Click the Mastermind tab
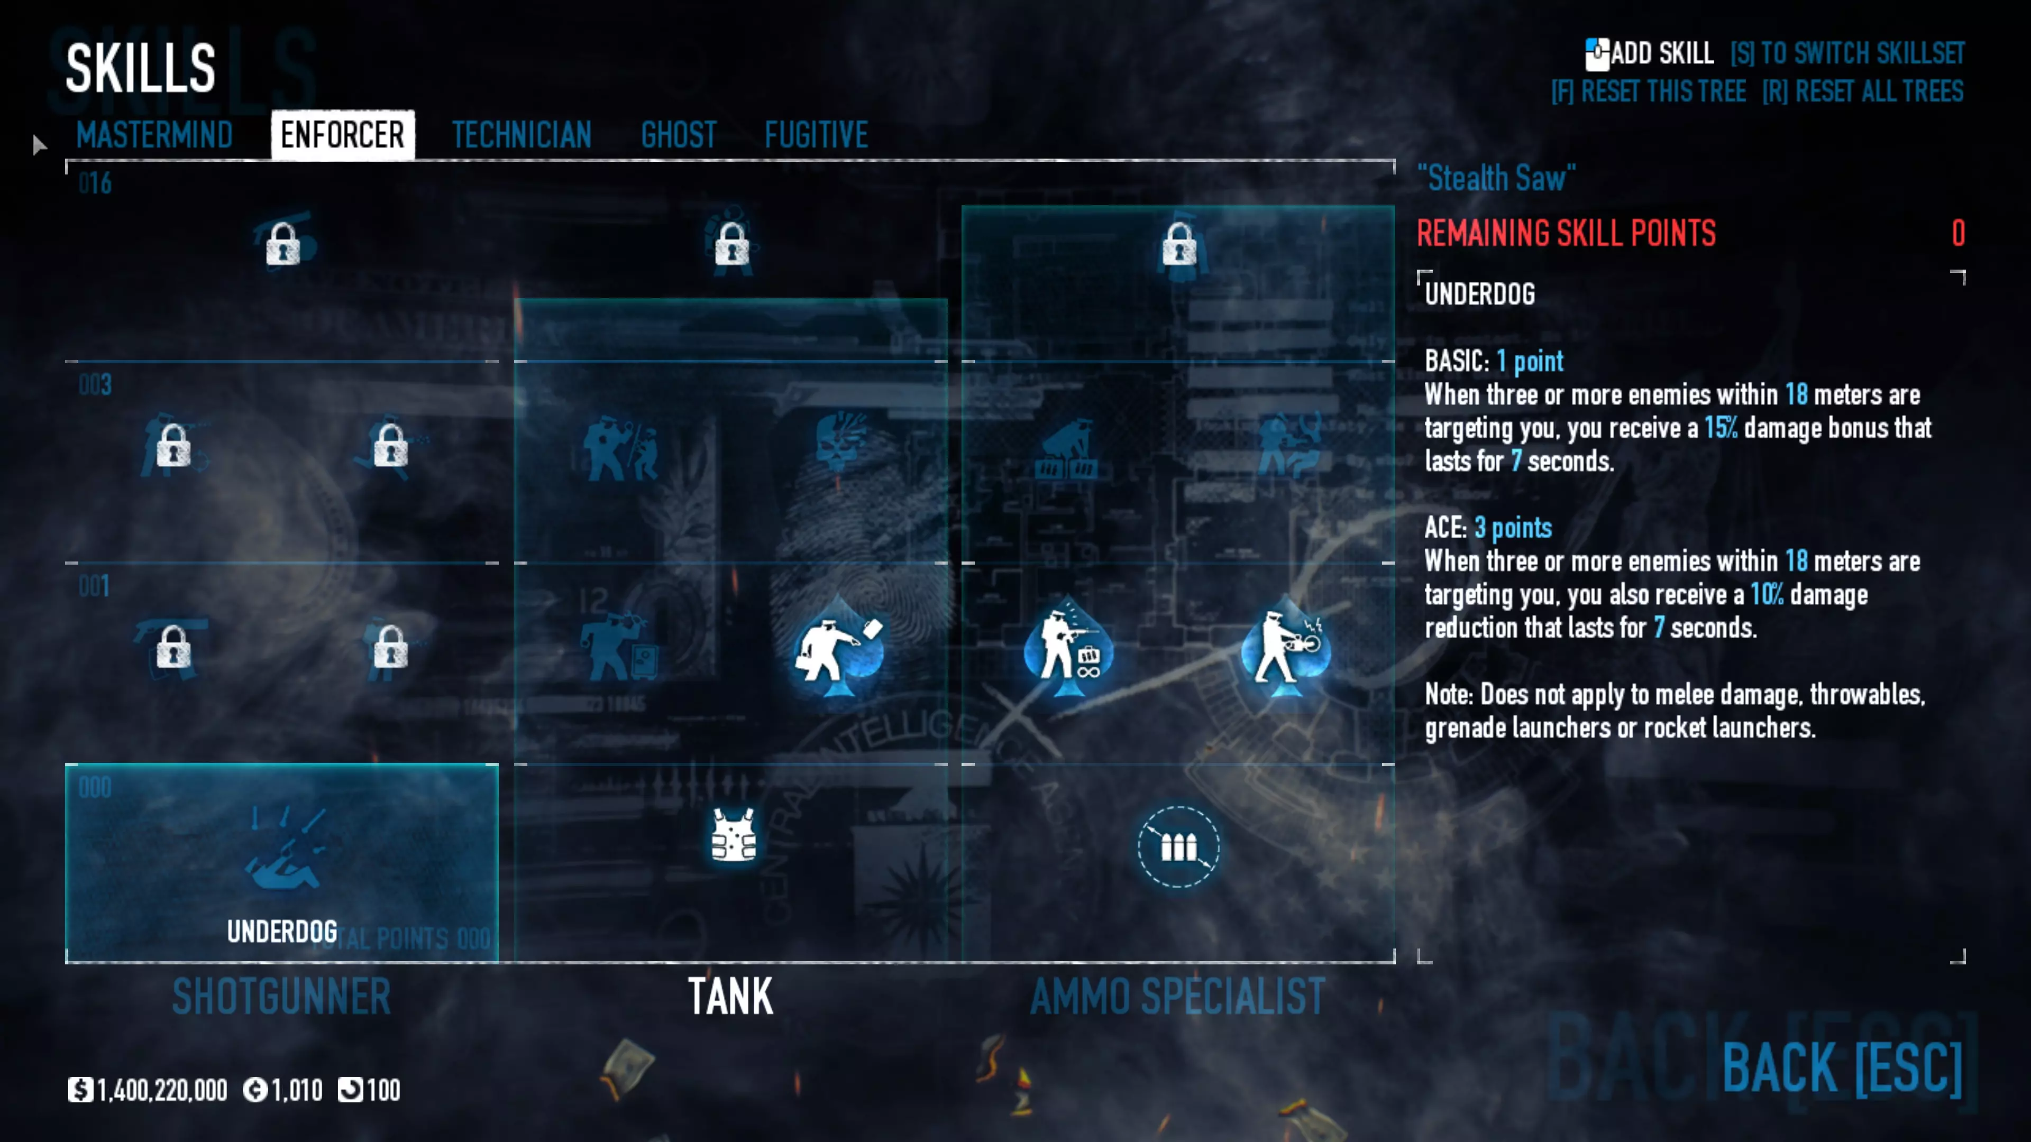coord(154,135)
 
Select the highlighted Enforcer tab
coord(342,135)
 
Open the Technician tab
coord(521,135)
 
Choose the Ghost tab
coord(679,135)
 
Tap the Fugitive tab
coord(816,135)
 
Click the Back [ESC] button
coord(1842,1068)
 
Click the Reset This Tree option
coord(1649,91)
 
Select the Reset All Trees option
coord(1863,91)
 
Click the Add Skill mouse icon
coord(1597,53)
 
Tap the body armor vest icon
coord(733,835)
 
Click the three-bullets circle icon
coord(1178,846)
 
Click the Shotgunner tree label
coord(281,996)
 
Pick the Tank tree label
coord(730,996)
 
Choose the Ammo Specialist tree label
coord(1178,996)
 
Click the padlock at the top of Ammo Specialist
coord(1179,244)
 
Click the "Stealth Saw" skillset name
coord(1496,178)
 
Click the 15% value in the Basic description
coord(1721,428)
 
